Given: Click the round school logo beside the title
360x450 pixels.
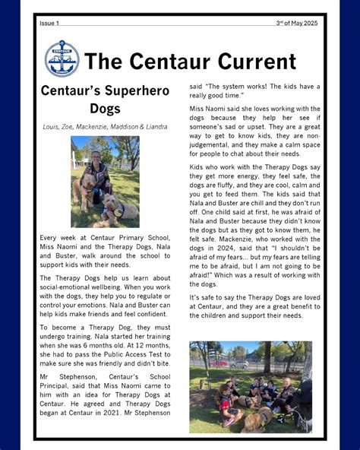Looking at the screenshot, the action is [62, 59].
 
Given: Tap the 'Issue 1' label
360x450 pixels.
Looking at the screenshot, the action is [49, 23].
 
